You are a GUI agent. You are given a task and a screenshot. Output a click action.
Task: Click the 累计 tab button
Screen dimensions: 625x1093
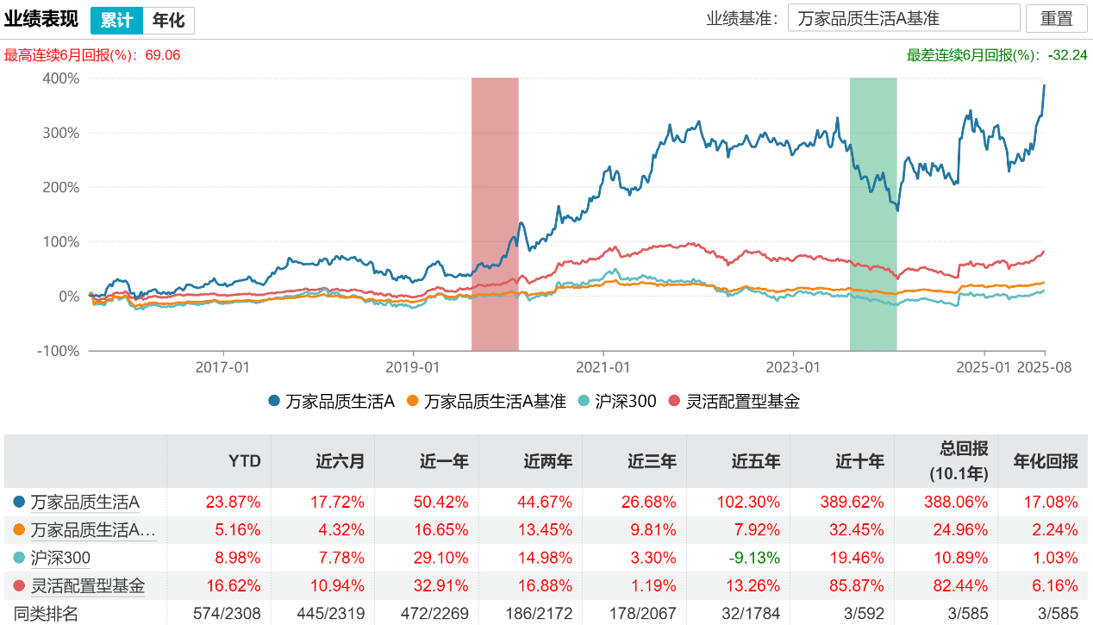pyautogui.click(x=116, y=20)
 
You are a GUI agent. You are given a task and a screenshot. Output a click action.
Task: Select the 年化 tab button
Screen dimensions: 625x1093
pyautogui.click(x=168, y=20)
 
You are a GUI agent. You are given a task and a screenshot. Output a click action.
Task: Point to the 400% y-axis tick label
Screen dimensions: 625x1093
pyautogui.click(x=60, y=78)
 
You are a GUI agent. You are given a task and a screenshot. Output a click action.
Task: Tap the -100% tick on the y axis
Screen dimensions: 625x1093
pyautogui.click(x=58, y=351)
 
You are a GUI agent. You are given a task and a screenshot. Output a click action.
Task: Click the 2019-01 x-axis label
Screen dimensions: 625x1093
pyautogui.click(x=414, y=366)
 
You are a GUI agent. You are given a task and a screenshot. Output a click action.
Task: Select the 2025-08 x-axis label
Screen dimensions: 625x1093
pyautogui.click(x=1045, y=366)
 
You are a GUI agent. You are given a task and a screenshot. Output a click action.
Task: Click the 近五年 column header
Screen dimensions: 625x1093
pyautogui.click(x=756, y=461)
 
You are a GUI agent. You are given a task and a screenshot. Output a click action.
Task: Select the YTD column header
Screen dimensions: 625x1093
pyautogui.click(x=245, y=461)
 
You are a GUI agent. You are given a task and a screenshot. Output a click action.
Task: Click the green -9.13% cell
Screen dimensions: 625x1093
pyautogui.click(x=756, y=558)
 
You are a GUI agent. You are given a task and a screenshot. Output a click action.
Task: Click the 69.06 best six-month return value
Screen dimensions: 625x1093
pyautogui.click(x=163, y=55)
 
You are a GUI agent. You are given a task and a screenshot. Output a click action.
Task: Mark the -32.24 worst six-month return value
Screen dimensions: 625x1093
pyautogui.click(x=1068, y=55)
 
